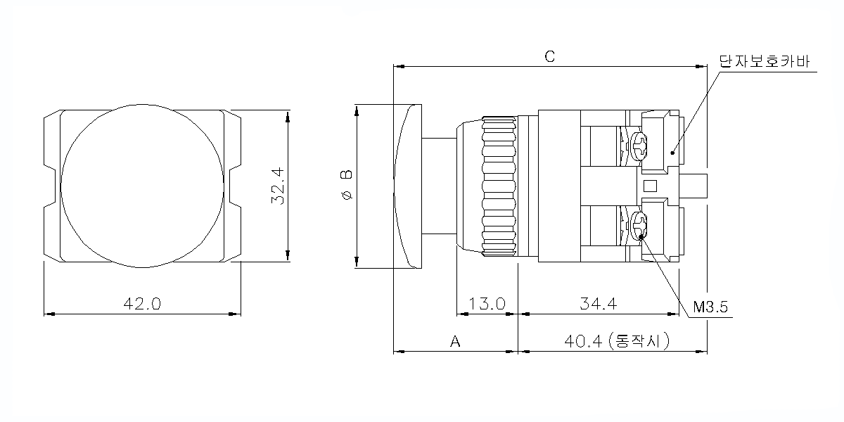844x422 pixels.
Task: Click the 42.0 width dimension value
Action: (143, 304)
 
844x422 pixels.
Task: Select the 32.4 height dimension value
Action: (278, 186)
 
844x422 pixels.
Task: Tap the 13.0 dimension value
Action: (487, 304)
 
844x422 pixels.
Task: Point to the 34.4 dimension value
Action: (599, 304)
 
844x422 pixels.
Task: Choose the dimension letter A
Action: (455, 341)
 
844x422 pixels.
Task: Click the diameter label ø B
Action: (345, 186)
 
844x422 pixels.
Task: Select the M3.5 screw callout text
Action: (710, 307)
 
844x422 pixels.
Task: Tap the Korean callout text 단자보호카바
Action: (764, 61)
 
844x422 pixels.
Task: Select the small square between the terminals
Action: (651, 186)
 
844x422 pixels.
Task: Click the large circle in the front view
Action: (143, 186)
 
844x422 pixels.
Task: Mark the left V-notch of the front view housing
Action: (52, 186)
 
